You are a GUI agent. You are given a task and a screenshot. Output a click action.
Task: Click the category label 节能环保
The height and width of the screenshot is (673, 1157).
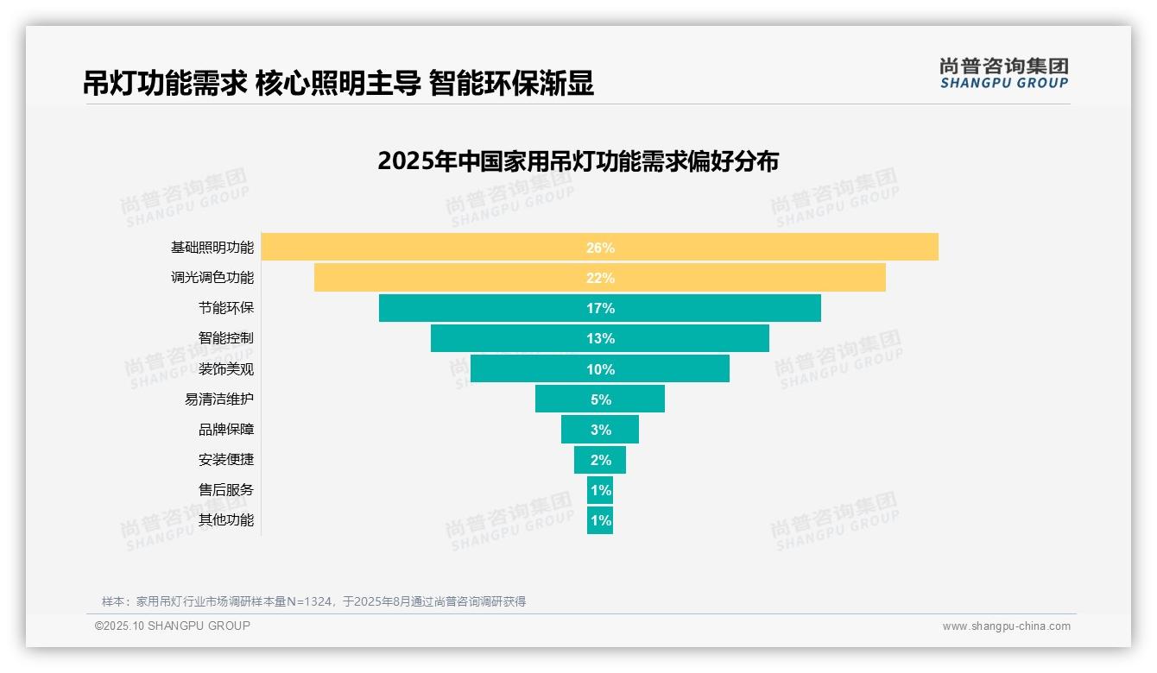click(x=226, y=308)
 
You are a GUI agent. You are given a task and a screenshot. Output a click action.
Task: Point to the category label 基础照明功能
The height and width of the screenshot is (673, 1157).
click(x=212, y=248)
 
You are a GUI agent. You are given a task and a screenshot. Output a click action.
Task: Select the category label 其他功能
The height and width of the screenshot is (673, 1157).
click(x=226, y=520)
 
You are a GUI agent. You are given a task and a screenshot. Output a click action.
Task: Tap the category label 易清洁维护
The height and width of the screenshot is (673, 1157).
click(x=219, y=399)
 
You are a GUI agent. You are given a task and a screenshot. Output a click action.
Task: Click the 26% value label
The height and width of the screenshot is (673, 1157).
click(x=600, y=248)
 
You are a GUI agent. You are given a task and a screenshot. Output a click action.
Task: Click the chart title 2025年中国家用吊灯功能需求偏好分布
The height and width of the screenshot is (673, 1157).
click(x=578, y=161)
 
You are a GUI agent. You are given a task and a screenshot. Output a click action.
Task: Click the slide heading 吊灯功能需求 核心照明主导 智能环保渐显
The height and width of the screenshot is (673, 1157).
click(x=338, y=84)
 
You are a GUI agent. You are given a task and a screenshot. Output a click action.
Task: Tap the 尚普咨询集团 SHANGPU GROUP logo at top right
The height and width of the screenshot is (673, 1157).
click(x=1003, y=73)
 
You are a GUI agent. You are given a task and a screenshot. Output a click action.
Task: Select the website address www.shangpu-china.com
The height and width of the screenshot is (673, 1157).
click(x=1006, y=626)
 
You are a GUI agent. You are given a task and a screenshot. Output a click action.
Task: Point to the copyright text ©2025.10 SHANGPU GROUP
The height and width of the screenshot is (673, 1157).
click(x=173, y=626)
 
